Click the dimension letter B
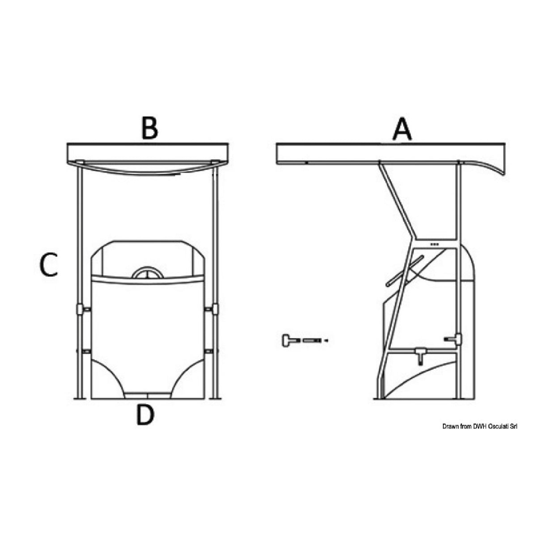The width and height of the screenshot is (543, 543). [x=149, y=128]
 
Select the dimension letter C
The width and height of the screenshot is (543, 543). [x=48, y=264]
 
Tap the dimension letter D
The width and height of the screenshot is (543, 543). [x=145, y=415]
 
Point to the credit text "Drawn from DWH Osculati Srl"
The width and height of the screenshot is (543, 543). [x=479, y=427]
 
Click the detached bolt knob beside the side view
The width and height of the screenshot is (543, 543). [x=286, y=341]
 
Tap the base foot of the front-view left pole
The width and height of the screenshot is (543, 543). [x=80, y=397]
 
